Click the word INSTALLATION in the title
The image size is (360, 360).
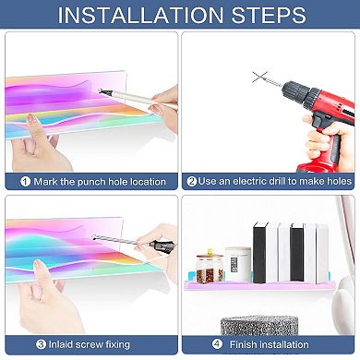pyautogui.click(x=140, y=15)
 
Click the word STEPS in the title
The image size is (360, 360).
pyautogui.click(x=269, y=15)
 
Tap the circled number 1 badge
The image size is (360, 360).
pyautogui.click(x=25, y=182)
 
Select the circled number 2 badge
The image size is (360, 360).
pyautogui.click(x=191, y=181)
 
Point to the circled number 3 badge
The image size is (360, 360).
pyautogui.click(x=41, y=344)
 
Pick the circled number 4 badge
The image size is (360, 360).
pyautogui.click(x=217, y=343)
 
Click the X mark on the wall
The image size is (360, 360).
pyautogui.click(x=259, y=77)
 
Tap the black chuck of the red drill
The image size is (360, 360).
pyautogui.click(x=292, y=90)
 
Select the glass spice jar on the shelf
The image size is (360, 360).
pyautogui.click(x=210, y=269)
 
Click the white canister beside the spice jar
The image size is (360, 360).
pyautogui.click(x=238, y=265)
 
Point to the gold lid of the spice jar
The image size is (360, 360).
pyautogui.click(x=210, y=257)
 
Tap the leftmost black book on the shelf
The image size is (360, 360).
pyautogui.click(x=259, y=253)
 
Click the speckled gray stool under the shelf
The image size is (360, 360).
pyautogui.click(x=259, y=325)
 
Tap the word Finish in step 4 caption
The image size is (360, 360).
pyautogui.click(x=243, y=344)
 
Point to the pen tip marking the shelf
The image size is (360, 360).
pyautogui.click(x=101, y=90)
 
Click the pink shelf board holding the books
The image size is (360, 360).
pyautogui.click(x=258, y=286)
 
